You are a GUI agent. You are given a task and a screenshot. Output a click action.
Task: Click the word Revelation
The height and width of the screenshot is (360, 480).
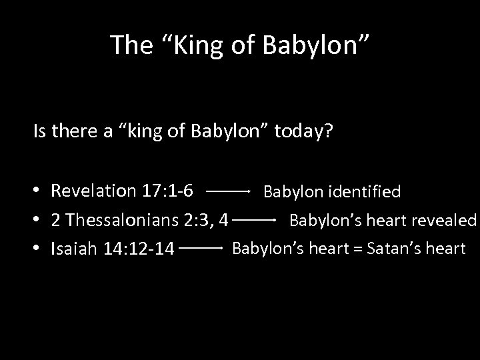[x=94, y=191]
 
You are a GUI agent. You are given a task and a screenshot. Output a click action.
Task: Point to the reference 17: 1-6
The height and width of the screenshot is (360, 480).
[x=168, y=191]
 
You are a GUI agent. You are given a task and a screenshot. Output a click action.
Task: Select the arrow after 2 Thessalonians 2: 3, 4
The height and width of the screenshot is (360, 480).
[x=256, y=219]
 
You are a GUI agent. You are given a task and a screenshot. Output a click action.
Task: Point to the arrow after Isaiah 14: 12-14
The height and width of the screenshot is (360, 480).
[x=201, y=248]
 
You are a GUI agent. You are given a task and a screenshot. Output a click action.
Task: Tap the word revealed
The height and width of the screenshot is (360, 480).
[x=443, y=220]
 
